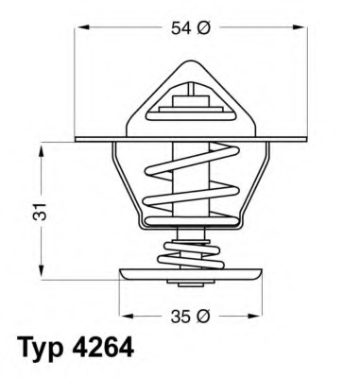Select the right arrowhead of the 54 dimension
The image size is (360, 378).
[x=301, y=29]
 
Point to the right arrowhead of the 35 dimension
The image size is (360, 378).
[x=258, y=315]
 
